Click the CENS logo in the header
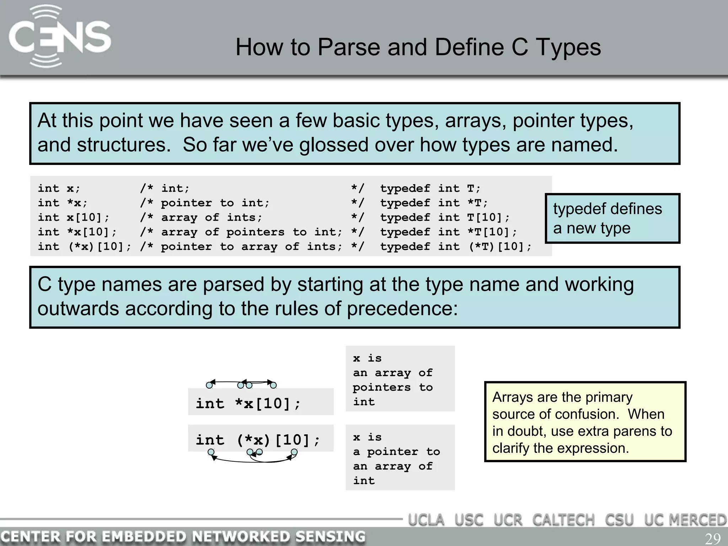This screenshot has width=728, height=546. click(60, 36)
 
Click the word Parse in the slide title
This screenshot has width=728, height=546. click(348, 47)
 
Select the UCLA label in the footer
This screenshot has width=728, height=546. click(426, 520)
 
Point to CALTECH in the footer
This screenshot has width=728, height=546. click(563, 520)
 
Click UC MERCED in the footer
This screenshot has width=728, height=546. click(685, 520)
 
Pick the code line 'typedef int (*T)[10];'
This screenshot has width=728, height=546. click(456, 246)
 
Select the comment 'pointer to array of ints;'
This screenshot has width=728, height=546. click(252, 246)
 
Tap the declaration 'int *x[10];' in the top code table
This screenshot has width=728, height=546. click(77, 232)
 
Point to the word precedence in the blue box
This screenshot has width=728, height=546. click(402, 309)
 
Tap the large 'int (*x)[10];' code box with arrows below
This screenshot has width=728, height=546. click(258, 440)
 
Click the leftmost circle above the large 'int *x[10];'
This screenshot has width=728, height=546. click(209, 385)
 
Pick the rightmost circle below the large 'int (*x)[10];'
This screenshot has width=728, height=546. click(294, 452)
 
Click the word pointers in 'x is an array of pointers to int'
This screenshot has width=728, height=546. click(381, 387)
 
